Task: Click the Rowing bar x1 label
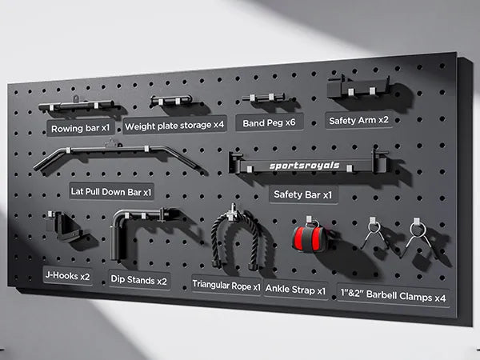[81, 128]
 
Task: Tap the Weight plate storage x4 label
[174, 125]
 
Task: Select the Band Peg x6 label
[269, 122]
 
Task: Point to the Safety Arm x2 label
[358, 120]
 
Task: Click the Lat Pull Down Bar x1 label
[111, 192]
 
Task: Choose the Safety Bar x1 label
[303, 194]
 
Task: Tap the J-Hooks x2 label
[68, 275]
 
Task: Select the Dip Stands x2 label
[139, 280]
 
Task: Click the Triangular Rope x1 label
[226, 286]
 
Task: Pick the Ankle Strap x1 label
[296, 290]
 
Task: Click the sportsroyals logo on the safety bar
[305, 166]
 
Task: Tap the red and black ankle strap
[308, 238]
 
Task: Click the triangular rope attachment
[235, 238]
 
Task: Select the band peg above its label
[264, 98]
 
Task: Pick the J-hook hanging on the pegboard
[62, 226]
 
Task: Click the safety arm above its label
[358, 86]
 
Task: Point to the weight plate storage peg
[171, 101]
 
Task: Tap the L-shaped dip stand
[138, 232]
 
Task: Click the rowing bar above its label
[77, 105]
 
